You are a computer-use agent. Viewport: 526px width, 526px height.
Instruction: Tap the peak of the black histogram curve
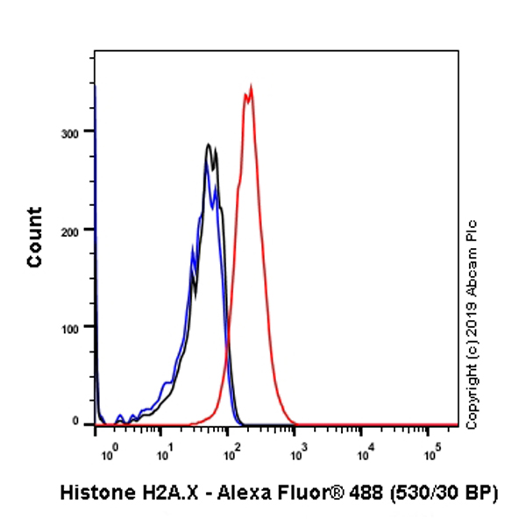point(208,145)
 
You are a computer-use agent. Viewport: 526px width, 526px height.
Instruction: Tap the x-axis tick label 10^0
point(109,455)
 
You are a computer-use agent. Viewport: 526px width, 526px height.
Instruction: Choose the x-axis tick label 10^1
point(163,455)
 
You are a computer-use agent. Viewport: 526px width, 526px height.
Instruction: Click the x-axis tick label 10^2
point(232,455)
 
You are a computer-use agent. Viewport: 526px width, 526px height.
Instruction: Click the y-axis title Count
point(35,237)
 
